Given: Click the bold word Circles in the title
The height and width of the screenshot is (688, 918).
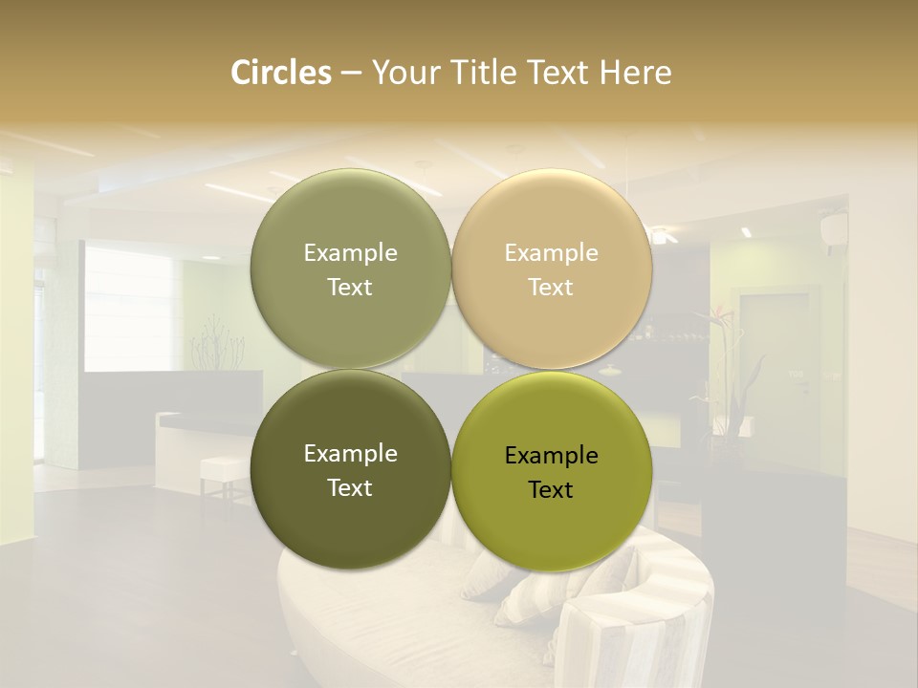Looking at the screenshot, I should (x=280, y=73).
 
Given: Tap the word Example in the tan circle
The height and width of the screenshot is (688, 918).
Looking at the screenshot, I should (x=551, y=253).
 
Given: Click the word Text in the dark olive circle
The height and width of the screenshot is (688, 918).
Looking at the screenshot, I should (x=350, y=487).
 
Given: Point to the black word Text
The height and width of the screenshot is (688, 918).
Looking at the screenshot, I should (x=551, y=489).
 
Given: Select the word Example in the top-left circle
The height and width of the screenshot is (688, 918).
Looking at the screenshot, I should (x=350, y=253).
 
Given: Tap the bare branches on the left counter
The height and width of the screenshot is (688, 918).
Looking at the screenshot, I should (x=210, y=349).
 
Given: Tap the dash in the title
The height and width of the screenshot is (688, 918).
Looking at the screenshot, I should (x=351, y=74).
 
